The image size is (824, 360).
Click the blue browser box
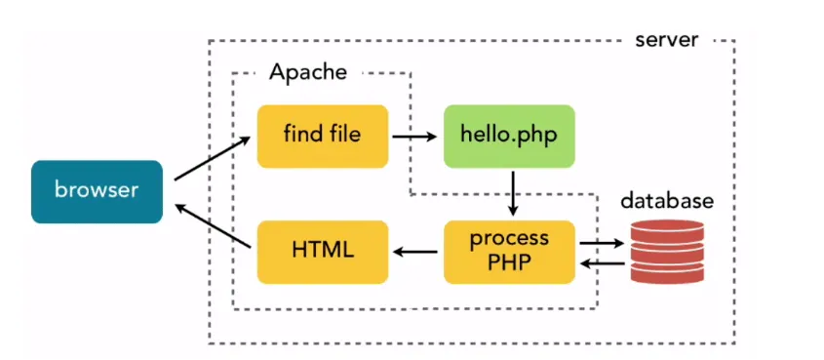click(96, 191)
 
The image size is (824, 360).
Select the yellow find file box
click(322, 136)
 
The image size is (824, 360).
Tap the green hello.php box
click(509, 136)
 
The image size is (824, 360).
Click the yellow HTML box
click(322, 252)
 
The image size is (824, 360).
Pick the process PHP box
click(509, 252)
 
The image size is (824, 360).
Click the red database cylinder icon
click(666, 252)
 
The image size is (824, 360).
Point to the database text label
click(668, 202)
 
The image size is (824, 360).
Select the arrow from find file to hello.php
click(414, 137)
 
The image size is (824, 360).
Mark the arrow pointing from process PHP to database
click(603, 243)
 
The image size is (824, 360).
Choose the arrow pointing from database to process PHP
click(603, 261)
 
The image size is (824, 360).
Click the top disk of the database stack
click(666, 228)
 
